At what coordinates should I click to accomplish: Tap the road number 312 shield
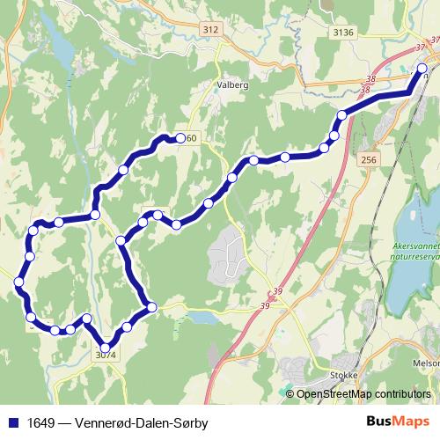tap(209, 30)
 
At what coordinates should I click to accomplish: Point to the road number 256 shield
tap(368, 159)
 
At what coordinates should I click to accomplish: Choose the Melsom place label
tap(426, 361)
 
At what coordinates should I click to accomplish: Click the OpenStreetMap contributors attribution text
tap(363, 393)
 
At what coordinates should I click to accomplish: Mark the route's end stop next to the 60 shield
tap(180, 137)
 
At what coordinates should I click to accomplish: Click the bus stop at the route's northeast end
tap(422, 68)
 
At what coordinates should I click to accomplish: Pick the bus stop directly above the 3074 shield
tap(106, 346)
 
